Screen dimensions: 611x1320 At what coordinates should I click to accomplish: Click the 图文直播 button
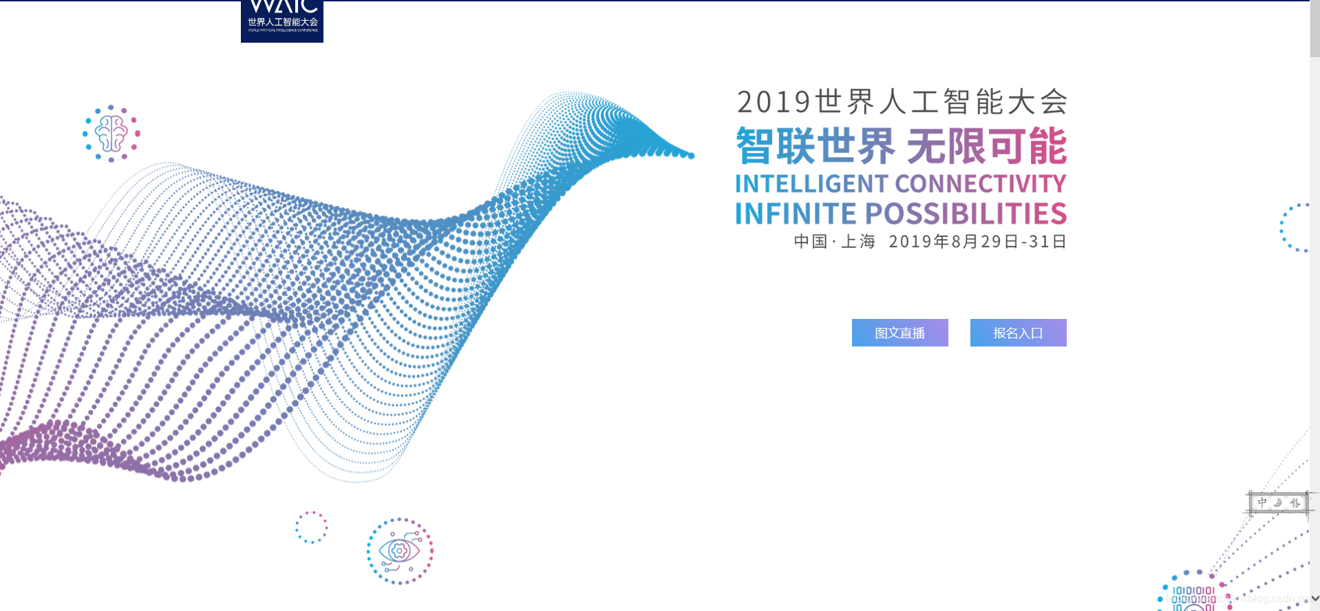coord(899,333)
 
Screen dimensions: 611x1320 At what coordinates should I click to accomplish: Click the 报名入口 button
coord(1018,333)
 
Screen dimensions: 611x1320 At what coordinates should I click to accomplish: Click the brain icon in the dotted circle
coord(111,133)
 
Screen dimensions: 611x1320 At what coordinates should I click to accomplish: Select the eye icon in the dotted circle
coord(400,551)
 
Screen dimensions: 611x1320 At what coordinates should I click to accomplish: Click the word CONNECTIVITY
coord(981,184)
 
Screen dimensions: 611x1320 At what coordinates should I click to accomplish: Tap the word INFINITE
coord(796,214)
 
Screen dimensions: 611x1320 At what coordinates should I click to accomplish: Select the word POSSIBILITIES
coord(966,214)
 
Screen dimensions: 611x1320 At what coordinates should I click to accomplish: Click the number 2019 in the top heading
coord(774,102)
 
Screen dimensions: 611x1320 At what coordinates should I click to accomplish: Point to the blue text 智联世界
coord(815,146)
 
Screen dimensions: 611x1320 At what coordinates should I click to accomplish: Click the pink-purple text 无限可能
coord(986,146)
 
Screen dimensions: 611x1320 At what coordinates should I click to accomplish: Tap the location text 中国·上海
coord(834,242)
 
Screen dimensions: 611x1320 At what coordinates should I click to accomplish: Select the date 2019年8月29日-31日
coord(977,242)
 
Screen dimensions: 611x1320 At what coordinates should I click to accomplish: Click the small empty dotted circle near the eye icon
coord(312,528)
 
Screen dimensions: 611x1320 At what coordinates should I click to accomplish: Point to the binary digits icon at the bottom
coord(1193,597)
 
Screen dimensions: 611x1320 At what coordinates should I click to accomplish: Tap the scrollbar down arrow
coord(1314,599)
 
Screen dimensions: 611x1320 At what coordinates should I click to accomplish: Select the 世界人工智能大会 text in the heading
coord(941,102)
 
